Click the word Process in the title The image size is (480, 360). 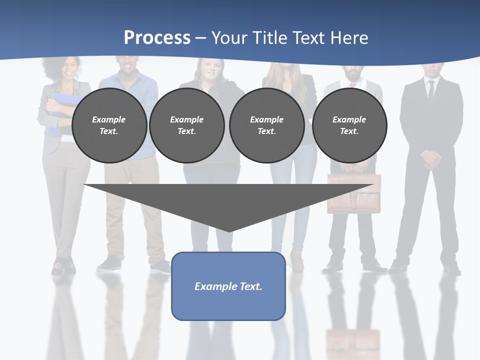tap(157, 37)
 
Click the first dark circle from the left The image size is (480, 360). tap(109, 125)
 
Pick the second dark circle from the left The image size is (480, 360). tap(186, 125)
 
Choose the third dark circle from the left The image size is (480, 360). tap(266, 125)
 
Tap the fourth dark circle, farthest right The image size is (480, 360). tap(349, 125)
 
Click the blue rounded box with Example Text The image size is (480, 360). tap(228, 286)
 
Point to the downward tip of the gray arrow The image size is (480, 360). tap(229, 230)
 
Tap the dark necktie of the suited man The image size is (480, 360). tap(430, 89)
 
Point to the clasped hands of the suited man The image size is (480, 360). tap(431, 160)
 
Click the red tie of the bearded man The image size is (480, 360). tap(352, 84)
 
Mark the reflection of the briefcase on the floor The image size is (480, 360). tap(352, 342)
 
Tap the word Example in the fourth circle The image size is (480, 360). tap(349, 119)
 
